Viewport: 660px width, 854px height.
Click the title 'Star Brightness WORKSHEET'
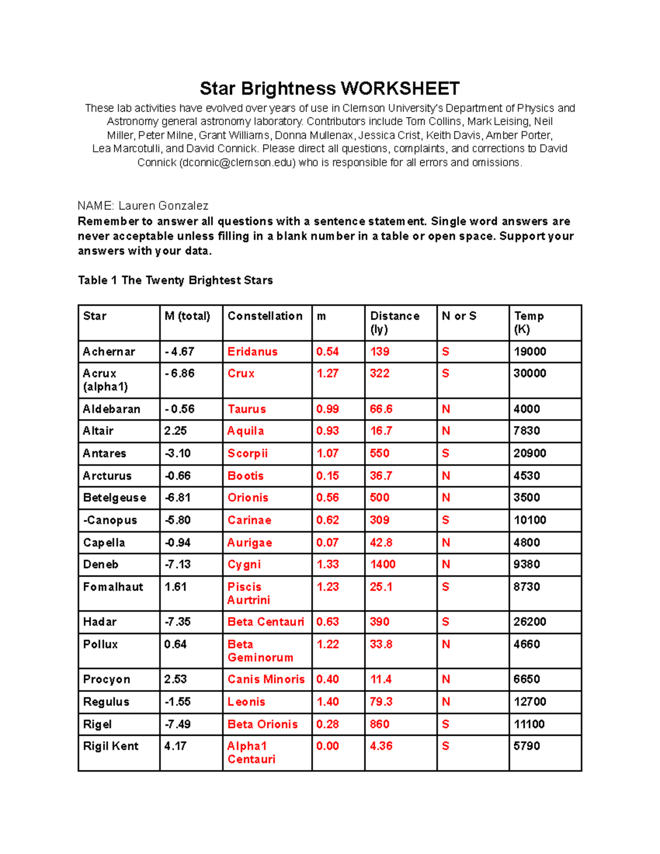tap(329, 89)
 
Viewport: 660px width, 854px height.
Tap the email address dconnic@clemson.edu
tap(238, 163)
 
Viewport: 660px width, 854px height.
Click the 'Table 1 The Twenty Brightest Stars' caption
tap(175, 280)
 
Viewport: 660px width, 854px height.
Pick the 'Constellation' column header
tap(265, 316)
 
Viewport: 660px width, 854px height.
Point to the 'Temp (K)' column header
tap(529, 322)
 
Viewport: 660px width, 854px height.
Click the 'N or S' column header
tap(459, 316)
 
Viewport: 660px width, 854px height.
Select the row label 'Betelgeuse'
tap(114, 498)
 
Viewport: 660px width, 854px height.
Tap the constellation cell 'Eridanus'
tap(252, 352)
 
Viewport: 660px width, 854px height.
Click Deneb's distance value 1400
tap(383, 565)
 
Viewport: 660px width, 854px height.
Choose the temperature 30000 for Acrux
tap(530, 373)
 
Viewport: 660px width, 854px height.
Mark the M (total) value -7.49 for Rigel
tap(178, 724)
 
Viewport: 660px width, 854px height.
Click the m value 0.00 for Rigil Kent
tap(327, 746)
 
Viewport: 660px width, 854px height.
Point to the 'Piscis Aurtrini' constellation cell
tap(249, 593)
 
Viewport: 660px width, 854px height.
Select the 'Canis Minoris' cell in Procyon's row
tap(266, 680)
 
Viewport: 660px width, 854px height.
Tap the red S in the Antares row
tap(446, 454)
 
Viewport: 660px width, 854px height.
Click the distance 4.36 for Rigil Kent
tap(381, 746)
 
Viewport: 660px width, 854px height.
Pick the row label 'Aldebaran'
tap(112, 409)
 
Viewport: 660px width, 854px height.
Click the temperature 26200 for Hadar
tap(530, 622)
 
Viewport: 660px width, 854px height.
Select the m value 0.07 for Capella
tap(327, 543)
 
